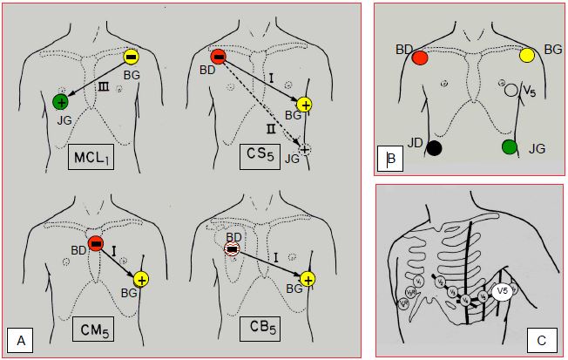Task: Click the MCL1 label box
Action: (95, 158)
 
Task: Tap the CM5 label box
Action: (95, 329)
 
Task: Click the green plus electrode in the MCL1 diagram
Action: (61, 102)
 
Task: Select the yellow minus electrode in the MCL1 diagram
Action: (130, 57)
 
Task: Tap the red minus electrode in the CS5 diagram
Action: (219, 57)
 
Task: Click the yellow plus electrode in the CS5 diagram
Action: (304, 105)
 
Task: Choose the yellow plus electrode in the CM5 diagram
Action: (141, 279)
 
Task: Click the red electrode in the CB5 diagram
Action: (231, 249)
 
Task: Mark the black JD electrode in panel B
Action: (434, 147)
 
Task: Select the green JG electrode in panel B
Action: (510, 146)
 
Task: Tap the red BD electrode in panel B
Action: (420, 58)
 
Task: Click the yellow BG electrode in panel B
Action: (527, 56)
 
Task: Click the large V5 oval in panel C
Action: (502, 292)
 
